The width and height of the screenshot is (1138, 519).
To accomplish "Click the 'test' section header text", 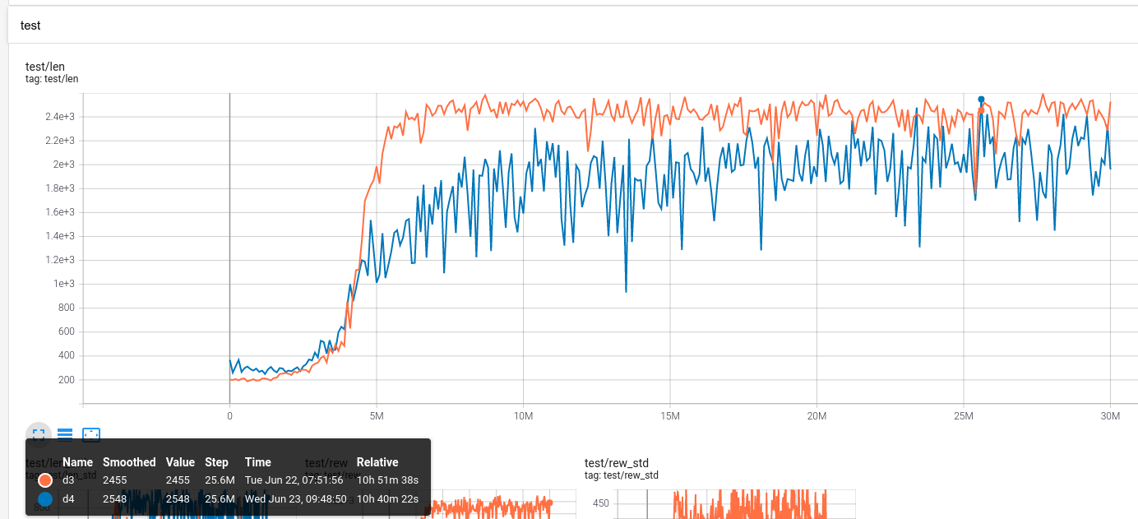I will click(x=30, y=25).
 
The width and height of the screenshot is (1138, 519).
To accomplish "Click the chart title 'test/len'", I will click(x=45, y=66).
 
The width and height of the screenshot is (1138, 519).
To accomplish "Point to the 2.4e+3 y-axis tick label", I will click(x=59, y=117).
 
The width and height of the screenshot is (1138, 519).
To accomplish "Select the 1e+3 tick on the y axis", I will click(x=64, y=284).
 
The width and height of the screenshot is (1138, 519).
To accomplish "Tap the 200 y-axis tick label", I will click(x=66, y=380).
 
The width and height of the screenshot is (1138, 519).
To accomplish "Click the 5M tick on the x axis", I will click(x=376, y=416).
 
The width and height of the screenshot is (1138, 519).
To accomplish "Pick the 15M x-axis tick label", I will click(x=669, y=416).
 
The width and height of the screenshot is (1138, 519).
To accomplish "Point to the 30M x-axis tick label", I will click(x=1110, y=416).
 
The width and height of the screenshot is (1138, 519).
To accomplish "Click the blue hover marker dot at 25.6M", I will click(x=981, y=100).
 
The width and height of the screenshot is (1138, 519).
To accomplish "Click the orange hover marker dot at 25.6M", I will click(x=981, y=110).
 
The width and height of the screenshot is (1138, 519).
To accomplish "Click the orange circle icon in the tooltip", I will click(x=45, y=480).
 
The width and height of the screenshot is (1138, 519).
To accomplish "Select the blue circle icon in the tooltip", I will click(x=45, y=499).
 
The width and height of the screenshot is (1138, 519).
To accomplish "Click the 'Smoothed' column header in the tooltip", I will click(x=129, y=462).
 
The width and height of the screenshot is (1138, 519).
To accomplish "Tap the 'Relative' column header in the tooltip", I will click(x=377, y=462).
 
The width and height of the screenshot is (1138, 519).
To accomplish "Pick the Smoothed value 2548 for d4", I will click(x=117, y=499).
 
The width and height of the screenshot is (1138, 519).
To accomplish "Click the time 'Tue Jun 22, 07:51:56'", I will click(x=294, y=480).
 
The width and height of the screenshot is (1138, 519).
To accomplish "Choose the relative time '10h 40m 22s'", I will click(x=387, y=499).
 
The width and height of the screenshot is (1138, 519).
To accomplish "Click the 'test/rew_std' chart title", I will click(x=617, y=463).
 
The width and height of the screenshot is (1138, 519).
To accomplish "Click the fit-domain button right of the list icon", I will click(x=91, y=434).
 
